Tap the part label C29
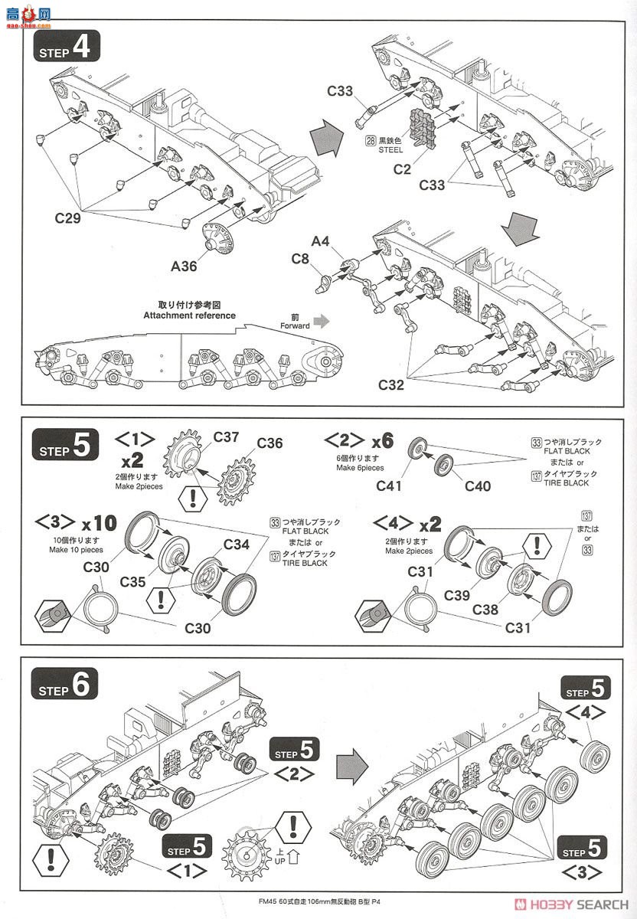tap(70, 217)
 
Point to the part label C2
tap(402, 169)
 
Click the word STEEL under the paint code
tap(390, 150)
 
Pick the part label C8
tap(300, 259)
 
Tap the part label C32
tap(391, 384)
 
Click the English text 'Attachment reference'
tap(189, 316)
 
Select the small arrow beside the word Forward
tap(325, 320)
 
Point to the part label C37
tap(227, 437)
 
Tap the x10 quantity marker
tap(100, 524)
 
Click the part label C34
tap(237, 544)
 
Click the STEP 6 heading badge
tap(65, 686)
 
